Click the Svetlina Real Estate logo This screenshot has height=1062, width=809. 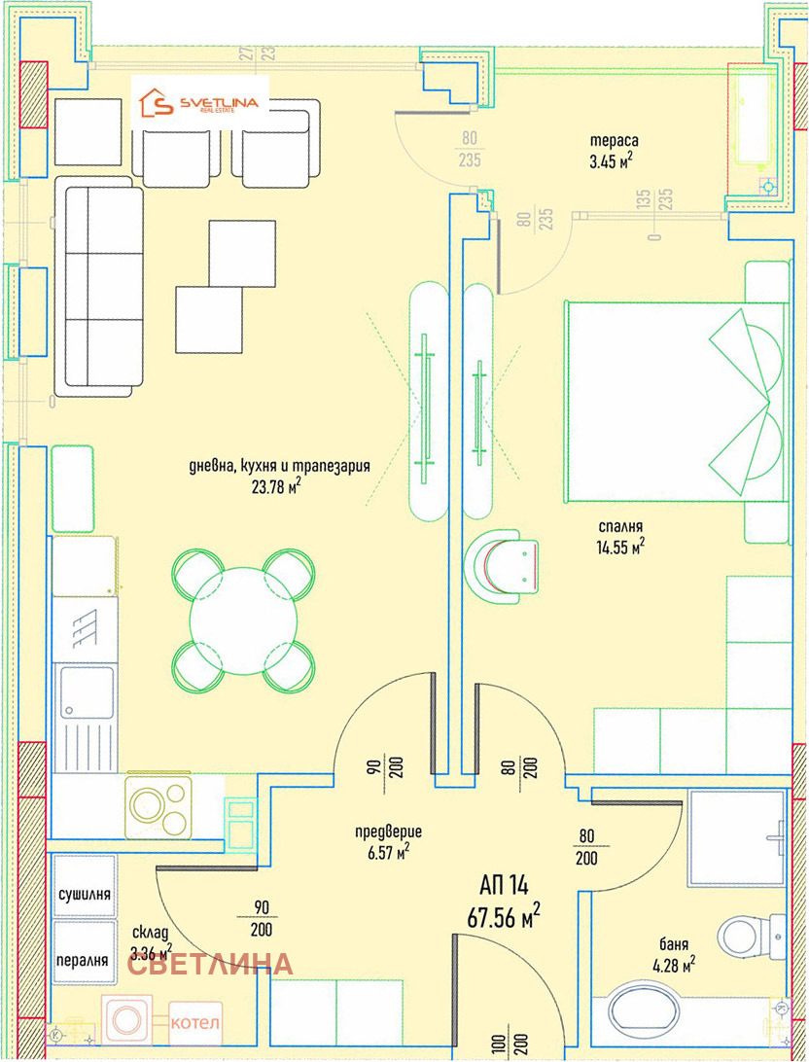(199, 103)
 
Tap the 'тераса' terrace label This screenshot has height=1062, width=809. (614, 141)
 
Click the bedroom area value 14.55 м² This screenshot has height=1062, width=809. (620, 547)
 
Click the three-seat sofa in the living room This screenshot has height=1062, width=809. (99, 287)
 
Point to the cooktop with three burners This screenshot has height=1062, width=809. (158, 804)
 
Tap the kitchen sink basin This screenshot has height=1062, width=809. (86, 692)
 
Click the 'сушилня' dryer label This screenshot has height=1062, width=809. (84, 894)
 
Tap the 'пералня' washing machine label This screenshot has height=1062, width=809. (83, 960)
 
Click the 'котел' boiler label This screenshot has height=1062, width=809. (195, 1021)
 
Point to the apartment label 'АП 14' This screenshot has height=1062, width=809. (505, 885)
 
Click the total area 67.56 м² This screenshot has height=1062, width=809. (504, 917)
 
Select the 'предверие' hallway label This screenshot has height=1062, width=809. (389, 832)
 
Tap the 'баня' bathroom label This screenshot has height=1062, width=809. (674, 943)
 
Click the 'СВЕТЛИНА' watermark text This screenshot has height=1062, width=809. (211, 965)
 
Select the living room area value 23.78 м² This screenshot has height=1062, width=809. (276, 486)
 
